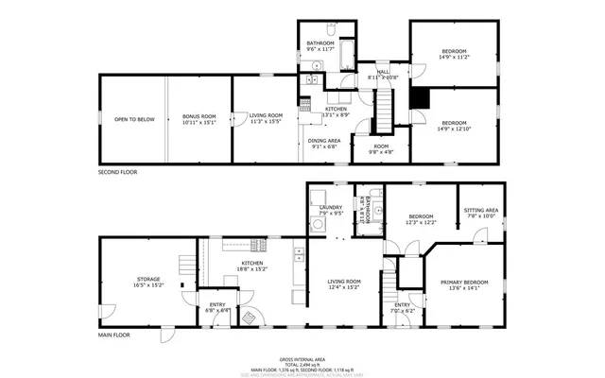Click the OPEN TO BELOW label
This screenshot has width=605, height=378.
(x=134, y=120)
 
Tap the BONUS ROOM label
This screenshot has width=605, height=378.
(x=199, y=120)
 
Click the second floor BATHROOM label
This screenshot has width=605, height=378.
(x=320, y=45)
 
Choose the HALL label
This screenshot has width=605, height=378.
(x=383, y=75)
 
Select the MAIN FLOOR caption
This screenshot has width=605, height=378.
(x=113, y=335)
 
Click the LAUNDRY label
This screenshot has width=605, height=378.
(x=330, y=210)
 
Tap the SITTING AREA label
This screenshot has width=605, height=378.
(x=479, y=213)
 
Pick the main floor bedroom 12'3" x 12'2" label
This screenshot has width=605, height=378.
(x=421, y=218)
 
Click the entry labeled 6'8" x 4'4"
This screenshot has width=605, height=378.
(x=218, y=307)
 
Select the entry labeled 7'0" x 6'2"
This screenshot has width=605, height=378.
(x=402, y=307)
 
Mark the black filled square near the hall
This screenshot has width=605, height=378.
(x=423, y=99)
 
